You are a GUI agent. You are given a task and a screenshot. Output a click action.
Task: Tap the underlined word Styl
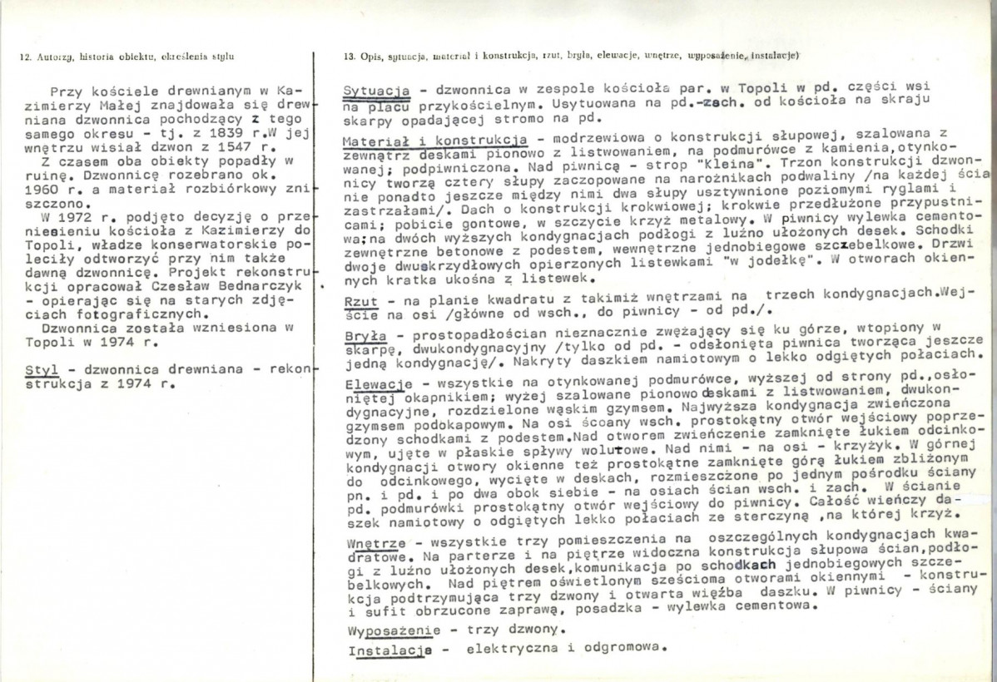pos(38,372)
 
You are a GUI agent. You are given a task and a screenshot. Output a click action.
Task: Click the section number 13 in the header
pos(348,57)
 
